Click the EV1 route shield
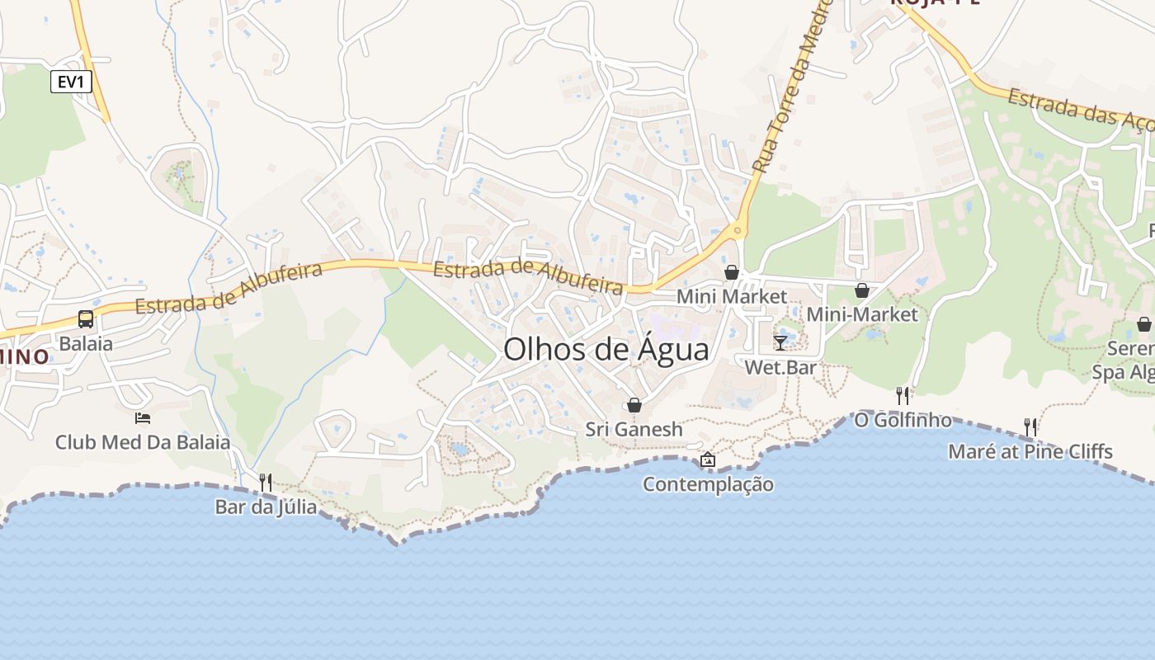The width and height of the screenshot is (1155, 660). (71, 82)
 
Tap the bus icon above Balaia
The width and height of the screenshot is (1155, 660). (85, 318)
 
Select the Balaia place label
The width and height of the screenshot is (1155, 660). (85, 343)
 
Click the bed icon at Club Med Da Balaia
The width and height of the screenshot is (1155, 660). (143, 418)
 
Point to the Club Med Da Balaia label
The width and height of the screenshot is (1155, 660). (143, 442)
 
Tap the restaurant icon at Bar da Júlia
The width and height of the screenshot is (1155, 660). (265, 481)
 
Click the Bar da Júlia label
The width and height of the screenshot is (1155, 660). (266, 506)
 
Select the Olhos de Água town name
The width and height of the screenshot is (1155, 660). (606, 350)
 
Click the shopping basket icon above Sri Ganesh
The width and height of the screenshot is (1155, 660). (634, 405)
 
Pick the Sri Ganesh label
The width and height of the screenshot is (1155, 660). (634, 429)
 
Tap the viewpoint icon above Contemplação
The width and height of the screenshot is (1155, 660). (708, 460)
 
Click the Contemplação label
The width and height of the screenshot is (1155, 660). (708, 484)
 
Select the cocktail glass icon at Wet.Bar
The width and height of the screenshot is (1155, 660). (780, 342)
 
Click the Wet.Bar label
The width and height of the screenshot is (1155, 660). (780, 367)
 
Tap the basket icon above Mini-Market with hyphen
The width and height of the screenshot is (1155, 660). (861, 290)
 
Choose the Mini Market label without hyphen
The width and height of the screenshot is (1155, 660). (732, 295)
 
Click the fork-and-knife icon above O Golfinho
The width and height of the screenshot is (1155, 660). (903, 396)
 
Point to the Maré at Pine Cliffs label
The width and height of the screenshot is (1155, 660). (1030, 451)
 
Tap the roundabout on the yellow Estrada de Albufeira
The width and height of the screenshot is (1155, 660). (738, 231)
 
